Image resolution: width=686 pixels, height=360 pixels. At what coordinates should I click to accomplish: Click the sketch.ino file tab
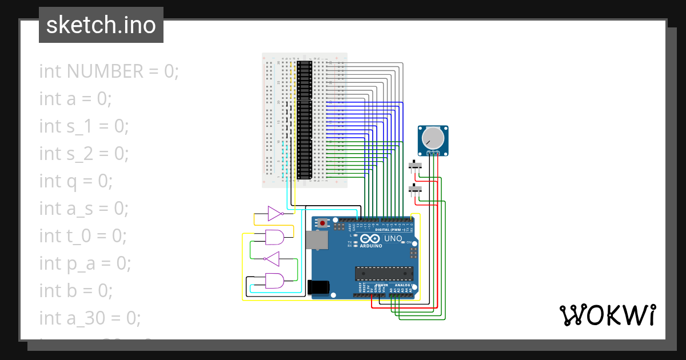coord(101,25)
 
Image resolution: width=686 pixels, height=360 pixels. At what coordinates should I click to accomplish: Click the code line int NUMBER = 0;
coord(109,71)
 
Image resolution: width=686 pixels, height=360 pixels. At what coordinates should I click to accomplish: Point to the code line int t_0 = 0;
coord(83,235)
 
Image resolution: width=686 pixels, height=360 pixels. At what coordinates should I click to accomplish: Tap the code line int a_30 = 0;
coord(90,318)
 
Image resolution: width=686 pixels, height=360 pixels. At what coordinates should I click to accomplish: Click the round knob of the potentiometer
coord(433,138)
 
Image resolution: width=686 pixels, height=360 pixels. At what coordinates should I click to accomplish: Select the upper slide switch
coord(416,166)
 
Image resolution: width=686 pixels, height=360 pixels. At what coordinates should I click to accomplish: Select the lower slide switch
coord(416,188)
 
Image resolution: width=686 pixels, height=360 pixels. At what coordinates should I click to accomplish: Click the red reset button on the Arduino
coord(323,223)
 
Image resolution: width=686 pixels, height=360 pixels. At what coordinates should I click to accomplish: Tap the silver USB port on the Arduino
coord(317,240)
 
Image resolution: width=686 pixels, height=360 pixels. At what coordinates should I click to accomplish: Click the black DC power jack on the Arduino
coord(318,287)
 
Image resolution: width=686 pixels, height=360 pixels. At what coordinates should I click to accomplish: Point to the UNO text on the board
coord(393,238)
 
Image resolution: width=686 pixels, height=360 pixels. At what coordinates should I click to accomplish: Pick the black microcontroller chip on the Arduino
coord(384,274)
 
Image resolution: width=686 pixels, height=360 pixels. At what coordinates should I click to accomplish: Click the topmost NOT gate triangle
coord(275,214)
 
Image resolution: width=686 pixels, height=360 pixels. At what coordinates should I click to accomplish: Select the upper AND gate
coord(274,237)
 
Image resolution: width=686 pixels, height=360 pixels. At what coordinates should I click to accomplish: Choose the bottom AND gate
coord(274,281)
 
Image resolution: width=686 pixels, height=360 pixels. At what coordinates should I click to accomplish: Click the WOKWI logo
coord(607,315)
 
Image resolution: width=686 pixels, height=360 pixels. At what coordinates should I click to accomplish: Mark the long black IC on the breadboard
coord(304,120)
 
